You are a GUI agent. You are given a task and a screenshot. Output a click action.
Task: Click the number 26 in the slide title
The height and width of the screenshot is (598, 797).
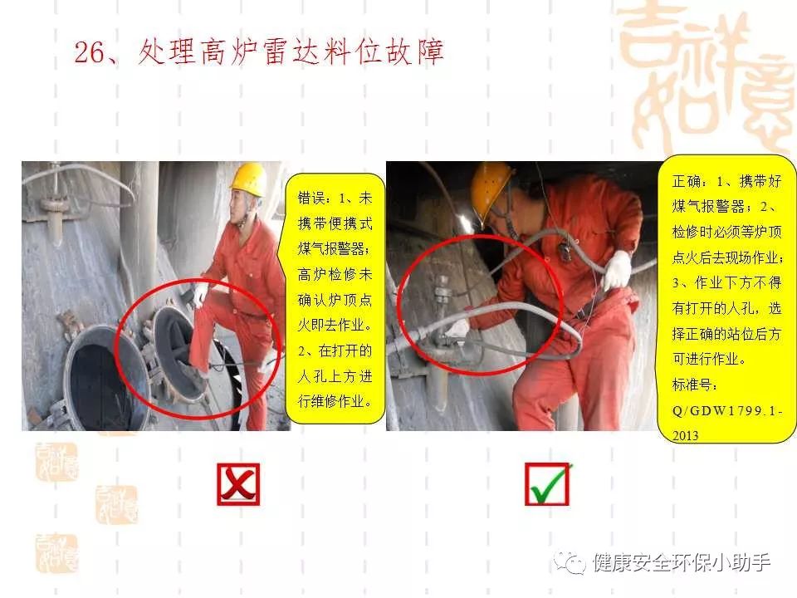coord(90,51)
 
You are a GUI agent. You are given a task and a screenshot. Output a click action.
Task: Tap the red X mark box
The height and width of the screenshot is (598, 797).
coord(238,484)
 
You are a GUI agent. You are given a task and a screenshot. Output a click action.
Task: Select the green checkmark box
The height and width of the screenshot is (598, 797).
coord(547,484)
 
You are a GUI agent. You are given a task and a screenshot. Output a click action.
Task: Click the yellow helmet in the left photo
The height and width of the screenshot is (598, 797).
coord(248,179)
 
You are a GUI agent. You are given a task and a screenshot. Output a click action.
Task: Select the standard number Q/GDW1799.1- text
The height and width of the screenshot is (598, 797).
coord(727,410)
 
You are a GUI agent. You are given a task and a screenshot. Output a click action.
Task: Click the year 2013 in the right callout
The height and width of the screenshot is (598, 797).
coord(685,436)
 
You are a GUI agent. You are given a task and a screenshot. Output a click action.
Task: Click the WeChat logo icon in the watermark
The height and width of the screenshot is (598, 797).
coord(570,562)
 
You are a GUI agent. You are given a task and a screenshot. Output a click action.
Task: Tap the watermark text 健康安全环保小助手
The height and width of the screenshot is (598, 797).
coord(682,562)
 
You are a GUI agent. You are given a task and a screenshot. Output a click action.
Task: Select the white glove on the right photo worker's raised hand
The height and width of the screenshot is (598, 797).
coord(617,270)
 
